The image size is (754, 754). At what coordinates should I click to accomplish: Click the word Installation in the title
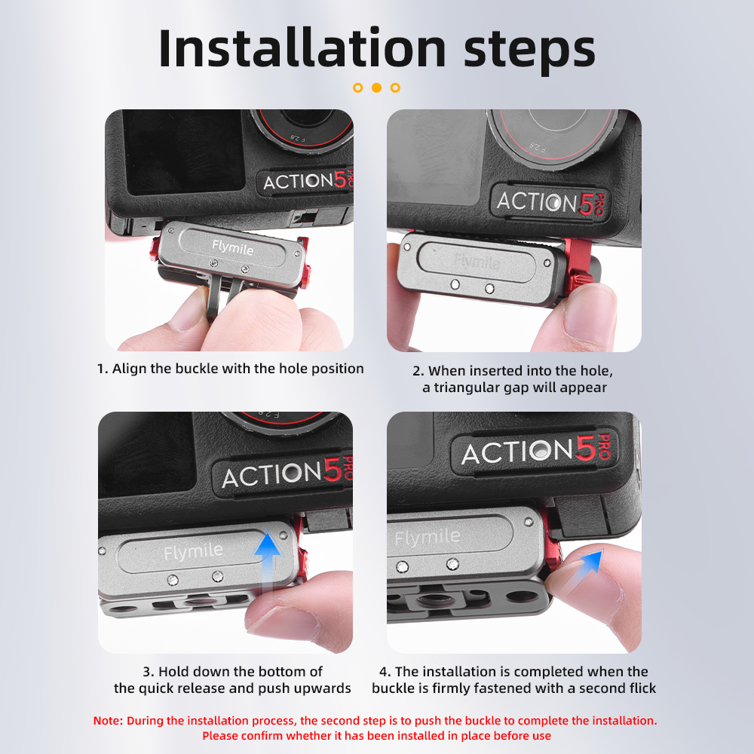coord(302,48)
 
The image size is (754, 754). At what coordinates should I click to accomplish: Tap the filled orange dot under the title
coord(376,87)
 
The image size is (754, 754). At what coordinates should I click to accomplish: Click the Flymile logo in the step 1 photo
coord(232,247)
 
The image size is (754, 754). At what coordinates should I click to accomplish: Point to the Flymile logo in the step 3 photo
coord(193,552)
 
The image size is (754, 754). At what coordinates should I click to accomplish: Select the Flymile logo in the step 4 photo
coord(428,537)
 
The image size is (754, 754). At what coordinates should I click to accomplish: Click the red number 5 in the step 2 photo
coord(586,204)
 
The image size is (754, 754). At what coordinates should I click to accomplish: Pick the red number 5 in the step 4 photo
coord(586,448)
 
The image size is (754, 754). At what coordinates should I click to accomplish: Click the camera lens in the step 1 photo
coord(304,128)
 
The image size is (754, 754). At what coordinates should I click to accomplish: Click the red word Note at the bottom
coord(108,720)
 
